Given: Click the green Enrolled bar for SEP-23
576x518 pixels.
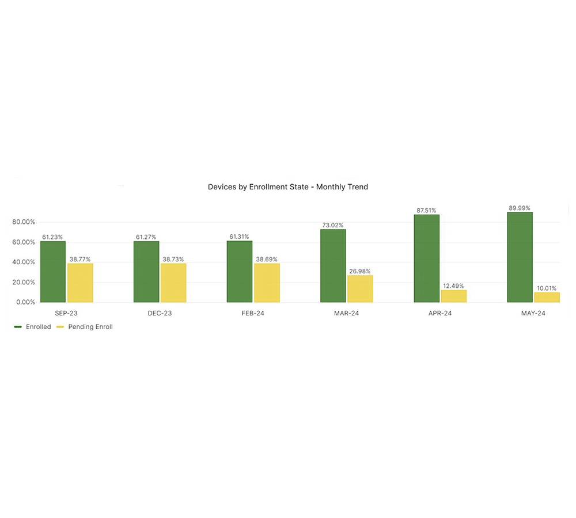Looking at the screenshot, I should click(x=53, y=272).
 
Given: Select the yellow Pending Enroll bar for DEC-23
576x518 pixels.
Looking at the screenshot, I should click(x=173, y=283).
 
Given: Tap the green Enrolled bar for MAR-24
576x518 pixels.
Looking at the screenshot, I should click(x=333, y=266).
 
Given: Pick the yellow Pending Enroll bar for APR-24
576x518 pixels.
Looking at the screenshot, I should click(x=453, y=296).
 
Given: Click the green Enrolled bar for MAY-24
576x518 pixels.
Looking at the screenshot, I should click(x=520, y=257).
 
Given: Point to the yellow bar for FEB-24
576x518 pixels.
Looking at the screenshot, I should click(x=267, y=283).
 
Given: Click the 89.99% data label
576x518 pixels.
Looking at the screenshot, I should click(x=520, y=208).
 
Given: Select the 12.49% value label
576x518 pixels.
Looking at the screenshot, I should click(x=453, y=286).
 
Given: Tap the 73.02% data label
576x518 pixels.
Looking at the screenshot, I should click(x=333, y=226).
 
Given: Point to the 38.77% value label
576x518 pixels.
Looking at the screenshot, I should click(x=80, y=260).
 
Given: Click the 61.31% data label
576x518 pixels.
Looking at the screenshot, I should click(x=240, y=237).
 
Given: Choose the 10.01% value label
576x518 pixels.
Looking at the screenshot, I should click(x=547, y=288).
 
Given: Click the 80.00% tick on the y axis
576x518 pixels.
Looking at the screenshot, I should click(x=24, y=222).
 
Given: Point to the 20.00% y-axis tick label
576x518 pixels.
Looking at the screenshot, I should click(x=24, y=282).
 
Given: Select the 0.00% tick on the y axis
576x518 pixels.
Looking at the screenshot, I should click(x=25, y=302).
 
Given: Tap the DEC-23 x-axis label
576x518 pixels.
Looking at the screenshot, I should click(x=160, y=314).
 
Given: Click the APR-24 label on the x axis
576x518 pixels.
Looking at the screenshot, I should click(x=440, y=314).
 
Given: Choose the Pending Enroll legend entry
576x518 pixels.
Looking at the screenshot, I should click(x=90, y=327).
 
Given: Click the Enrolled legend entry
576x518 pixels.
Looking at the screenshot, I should click(x=38, y=327).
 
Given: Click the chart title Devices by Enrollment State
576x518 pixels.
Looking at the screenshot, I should click(x=287, y=187).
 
